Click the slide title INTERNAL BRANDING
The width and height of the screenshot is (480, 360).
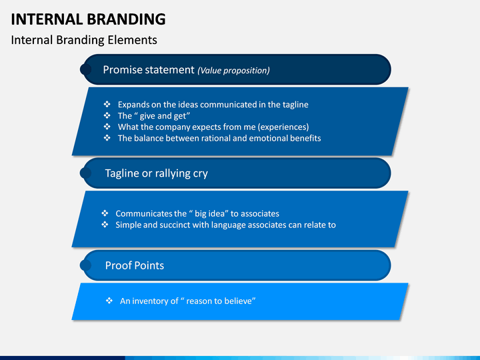89,18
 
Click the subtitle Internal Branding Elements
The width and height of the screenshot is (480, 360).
84,40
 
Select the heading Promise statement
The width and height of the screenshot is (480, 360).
149,69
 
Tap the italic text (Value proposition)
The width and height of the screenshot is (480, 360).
233,70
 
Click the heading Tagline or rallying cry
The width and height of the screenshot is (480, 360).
156,173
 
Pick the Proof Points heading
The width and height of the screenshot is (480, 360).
134,265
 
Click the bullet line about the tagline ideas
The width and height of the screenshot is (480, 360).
213,105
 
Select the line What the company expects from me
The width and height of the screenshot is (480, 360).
213,127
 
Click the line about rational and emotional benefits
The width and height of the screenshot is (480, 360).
219,138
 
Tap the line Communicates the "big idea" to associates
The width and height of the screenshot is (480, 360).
197,214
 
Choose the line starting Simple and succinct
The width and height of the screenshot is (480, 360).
225,225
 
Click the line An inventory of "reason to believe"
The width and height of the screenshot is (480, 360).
188,301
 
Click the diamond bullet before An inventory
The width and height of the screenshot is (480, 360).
109,301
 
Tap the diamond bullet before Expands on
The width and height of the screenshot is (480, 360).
107,105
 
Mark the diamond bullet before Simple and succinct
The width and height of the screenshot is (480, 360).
105,225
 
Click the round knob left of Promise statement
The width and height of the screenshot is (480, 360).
86,69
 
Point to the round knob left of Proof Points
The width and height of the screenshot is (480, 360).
86,265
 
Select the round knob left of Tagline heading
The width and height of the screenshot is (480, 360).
86,173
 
